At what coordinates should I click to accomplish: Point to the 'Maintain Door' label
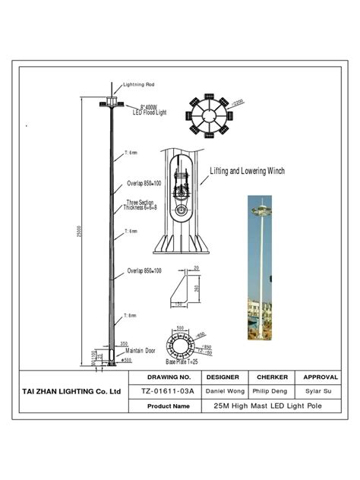coord(141,351)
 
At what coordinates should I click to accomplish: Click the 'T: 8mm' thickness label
coord(130,315)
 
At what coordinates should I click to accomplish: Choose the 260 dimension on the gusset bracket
coord(197,289)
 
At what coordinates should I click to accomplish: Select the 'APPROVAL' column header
coord(320,377)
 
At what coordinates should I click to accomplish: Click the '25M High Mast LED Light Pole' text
coord(261,406)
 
